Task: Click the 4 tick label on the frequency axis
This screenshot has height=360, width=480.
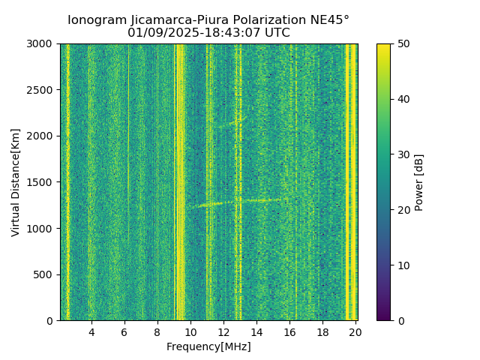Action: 91,331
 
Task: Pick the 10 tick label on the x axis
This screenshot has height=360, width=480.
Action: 190,331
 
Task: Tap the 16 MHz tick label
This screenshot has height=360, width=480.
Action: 289,331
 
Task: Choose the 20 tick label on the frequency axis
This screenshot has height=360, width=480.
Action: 355,331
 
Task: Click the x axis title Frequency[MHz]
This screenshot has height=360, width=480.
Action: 208,346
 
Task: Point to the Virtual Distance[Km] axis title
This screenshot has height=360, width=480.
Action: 16,182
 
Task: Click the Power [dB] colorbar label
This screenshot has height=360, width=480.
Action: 419,182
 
